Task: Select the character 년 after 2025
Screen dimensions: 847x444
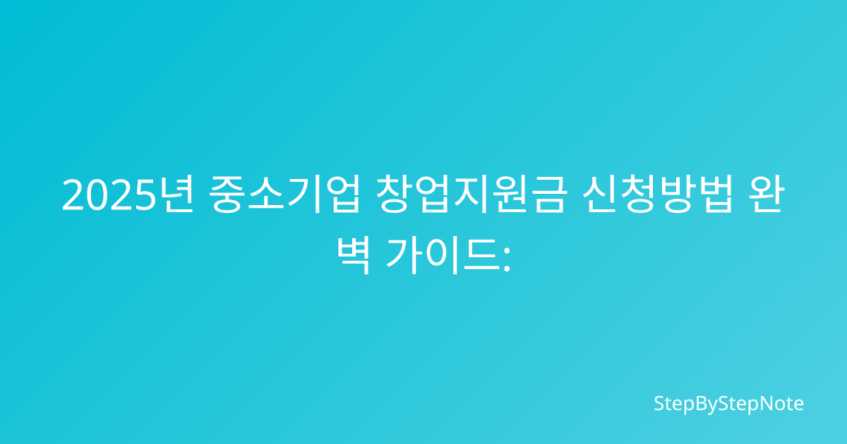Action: pyautogui.click(x=176, y=195)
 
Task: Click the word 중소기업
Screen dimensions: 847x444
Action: pyautogui.click(x=284, y=195)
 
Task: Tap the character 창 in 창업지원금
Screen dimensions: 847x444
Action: pyautogui.click(x=394, y=195)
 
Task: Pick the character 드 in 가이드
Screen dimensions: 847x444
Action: pyautogui.click(x=481, y=257)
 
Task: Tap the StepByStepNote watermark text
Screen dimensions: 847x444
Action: pyautogui.click(x=728, y=404)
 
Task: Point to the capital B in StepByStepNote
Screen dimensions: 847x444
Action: pyautogui.click(x=701, y=403)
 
